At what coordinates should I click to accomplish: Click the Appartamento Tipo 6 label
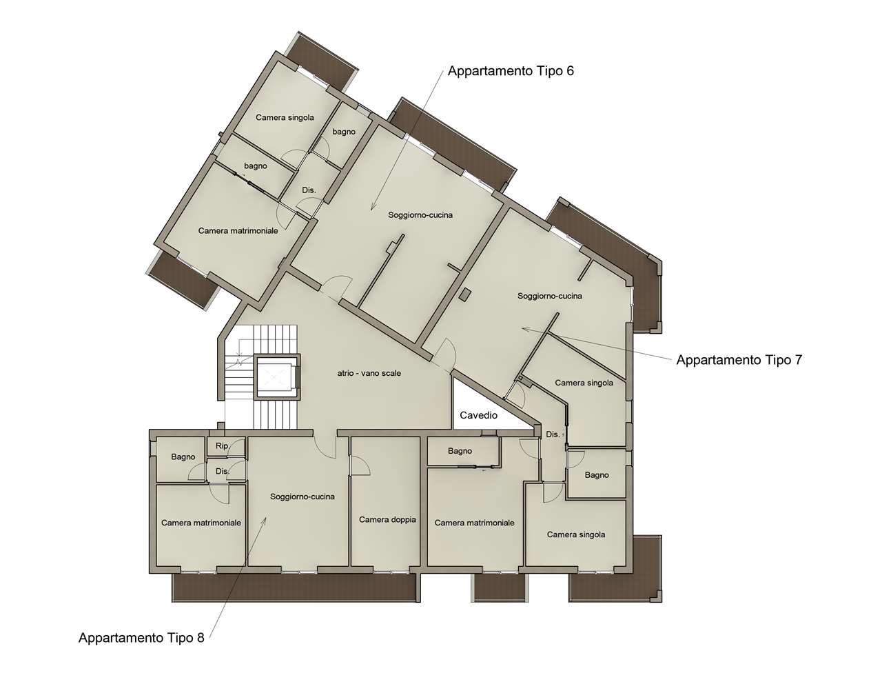511,71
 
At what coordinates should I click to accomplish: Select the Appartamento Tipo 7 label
739,360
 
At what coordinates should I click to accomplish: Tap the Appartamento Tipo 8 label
141,638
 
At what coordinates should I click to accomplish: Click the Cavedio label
478,415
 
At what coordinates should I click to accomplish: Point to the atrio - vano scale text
369,373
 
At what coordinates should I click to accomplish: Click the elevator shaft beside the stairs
277,376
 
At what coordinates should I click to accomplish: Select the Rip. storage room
226,446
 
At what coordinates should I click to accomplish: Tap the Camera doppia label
387,519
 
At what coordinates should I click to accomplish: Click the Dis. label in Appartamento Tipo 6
309,190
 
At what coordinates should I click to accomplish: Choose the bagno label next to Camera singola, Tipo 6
344,132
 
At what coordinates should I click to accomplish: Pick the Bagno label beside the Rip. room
183,457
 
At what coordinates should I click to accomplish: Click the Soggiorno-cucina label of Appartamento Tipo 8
302,497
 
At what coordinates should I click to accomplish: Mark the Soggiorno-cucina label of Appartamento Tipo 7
550,296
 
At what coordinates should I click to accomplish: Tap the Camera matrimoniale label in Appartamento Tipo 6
238,231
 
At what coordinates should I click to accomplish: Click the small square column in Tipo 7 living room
464,294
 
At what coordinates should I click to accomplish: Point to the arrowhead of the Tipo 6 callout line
371,208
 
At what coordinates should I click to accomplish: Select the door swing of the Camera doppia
360,465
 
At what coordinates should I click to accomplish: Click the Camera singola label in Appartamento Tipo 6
285,118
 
